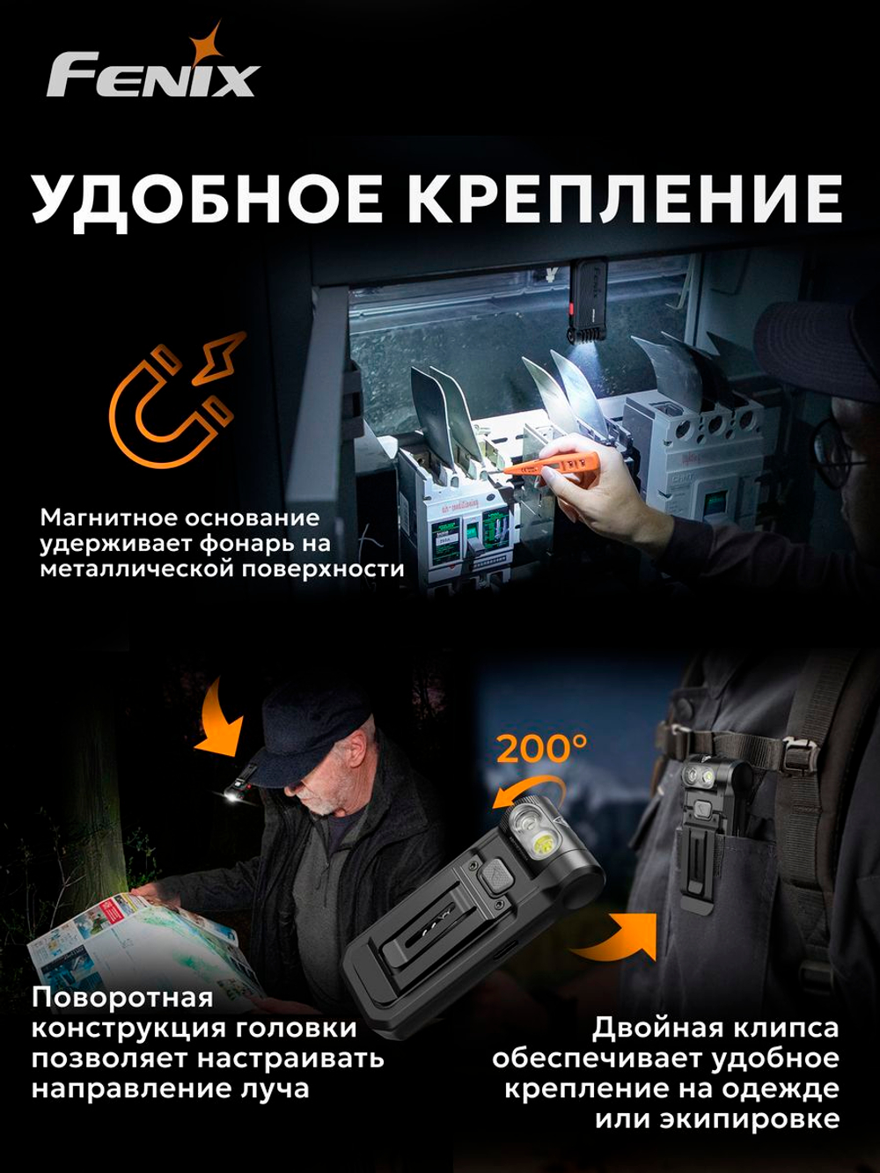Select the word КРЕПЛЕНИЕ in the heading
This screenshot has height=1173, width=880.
click(625, 199)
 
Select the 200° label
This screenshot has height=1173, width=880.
click(541, 749)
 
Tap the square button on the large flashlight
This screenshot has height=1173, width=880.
click(497, 876)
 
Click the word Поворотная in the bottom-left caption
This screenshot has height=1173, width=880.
click(122, 997)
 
